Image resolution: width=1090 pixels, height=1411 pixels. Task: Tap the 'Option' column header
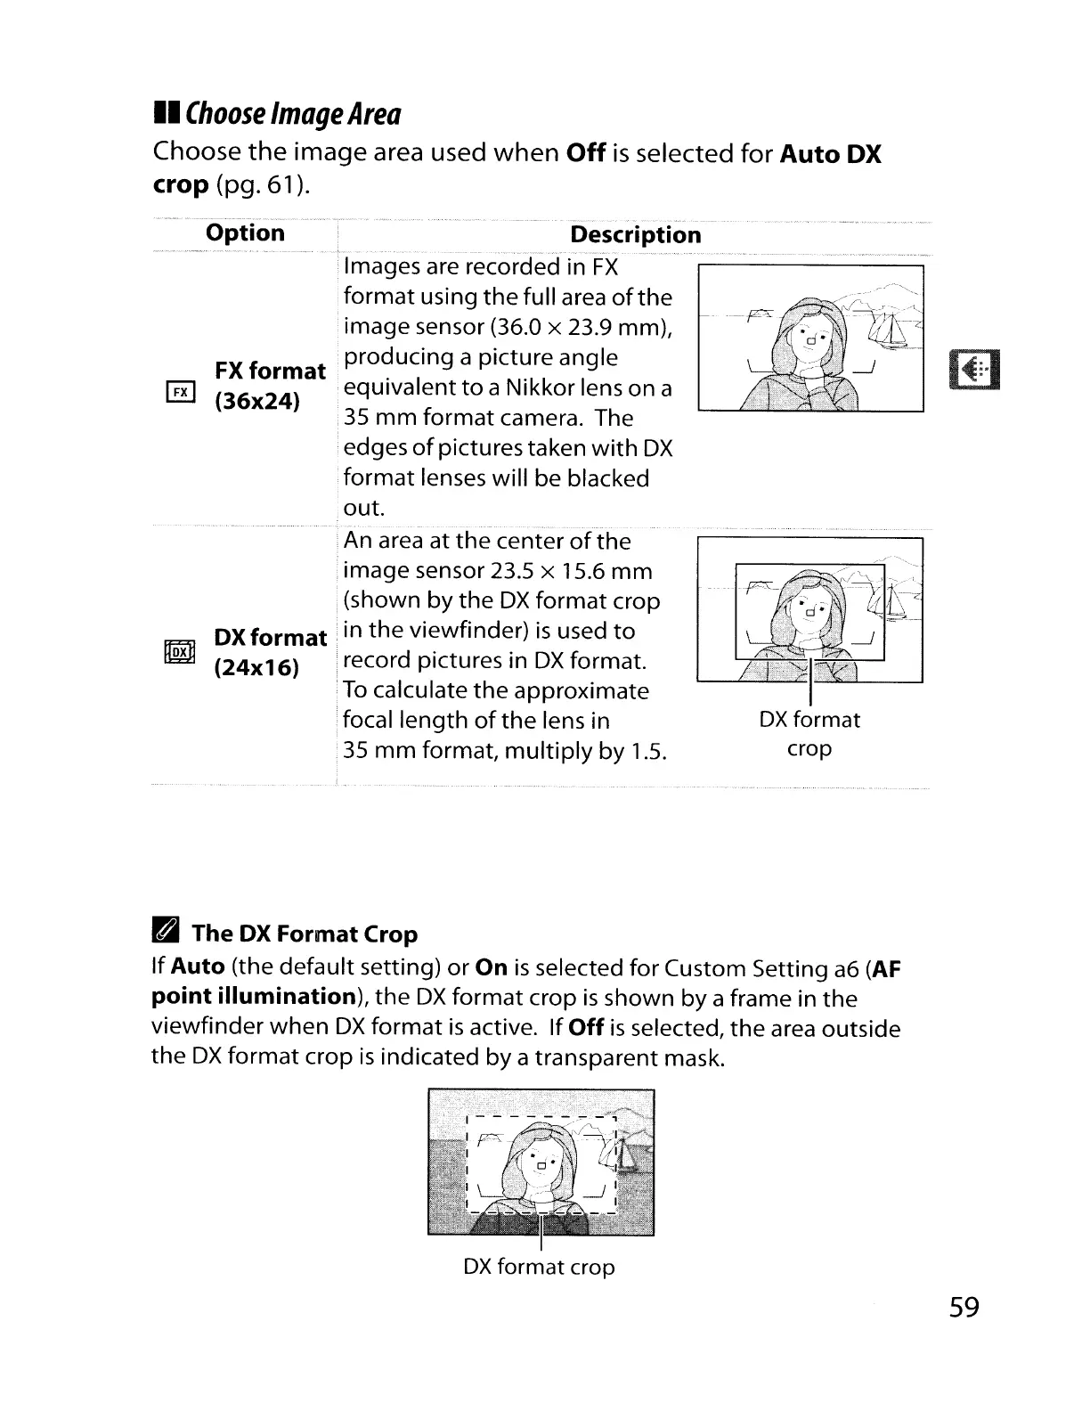pos(245,233)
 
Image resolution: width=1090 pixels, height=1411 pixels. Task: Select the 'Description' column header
pos(635,235)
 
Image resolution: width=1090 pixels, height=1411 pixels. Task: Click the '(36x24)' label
pos(257,401)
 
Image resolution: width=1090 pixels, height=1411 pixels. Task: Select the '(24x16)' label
pos(256,668)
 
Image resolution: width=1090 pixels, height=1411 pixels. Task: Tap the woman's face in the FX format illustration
pos(809,337)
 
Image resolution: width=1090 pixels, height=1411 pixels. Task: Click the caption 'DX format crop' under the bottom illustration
pos(539,1267)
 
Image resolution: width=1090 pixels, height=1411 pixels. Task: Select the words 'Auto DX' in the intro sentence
pos(830,154)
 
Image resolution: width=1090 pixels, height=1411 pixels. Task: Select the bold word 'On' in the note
pos(492,967)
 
